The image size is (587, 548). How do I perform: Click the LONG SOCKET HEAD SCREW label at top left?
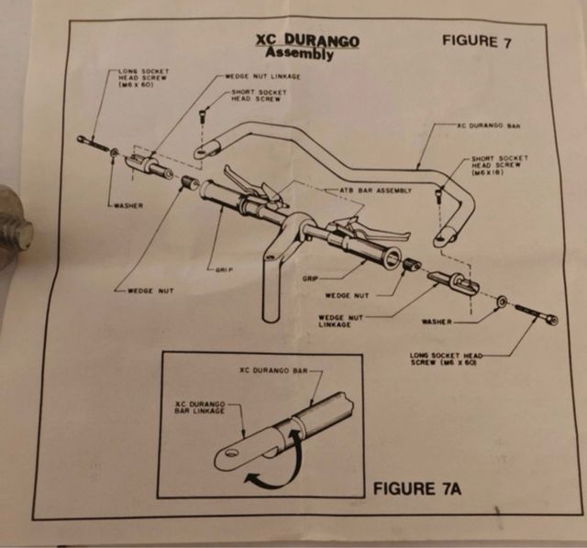[142, 76]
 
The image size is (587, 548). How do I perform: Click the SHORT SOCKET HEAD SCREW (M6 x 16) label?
[501, 165]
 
